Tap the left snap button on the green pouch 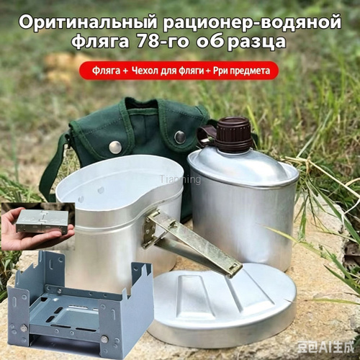115,147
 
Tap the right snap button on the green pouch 180,137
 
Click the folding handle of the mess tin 192,243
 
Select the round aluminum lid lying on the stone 222,302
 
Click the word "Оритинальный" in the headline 89,22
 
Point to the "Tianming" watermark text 180,179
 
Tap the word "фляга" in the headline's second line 100,42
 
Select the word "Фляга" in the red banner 106,71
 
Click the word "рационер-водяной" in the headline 253,22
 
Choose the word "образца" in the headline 240,42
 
